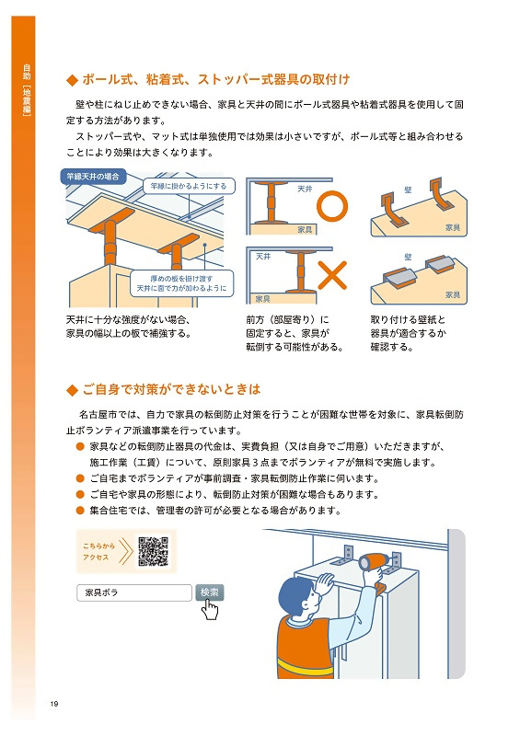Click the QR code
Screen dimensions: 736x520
click(x=152, y=551)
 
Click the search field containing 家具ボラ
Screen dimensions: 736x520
click(x=134, y=592)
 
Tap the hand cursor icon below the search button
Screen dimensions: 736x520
click(x=211, y=610)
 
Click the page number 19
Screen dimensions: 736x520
click(x=54, y=705)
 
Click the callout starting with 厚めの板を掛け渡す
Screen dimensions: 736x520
click(x=180, y=282)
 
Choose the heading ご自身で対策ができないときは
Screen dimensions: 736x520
click(x=170, y=389)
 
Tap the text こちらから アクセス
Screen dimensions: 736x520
click(x=97, y=551)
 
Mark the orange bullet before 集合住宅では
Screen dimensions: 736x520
click(x=80, y=510)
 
